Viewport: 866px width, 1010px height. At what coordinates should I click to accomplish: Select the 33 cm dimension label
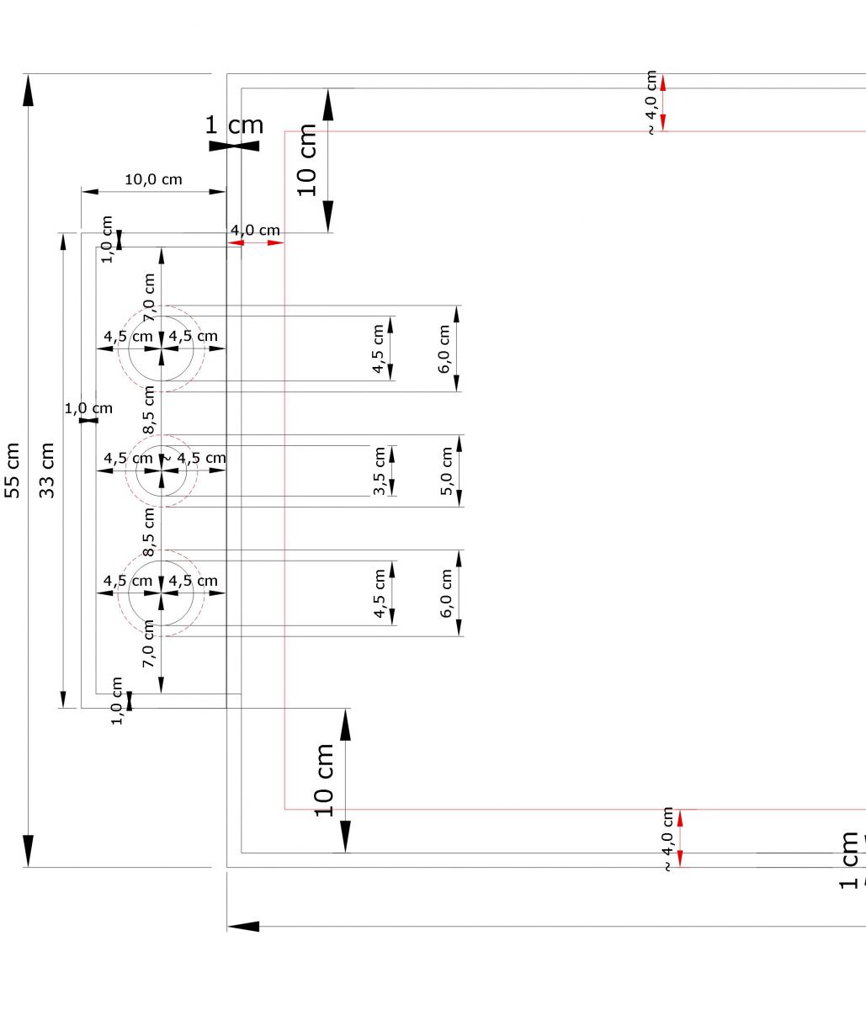point(47,470)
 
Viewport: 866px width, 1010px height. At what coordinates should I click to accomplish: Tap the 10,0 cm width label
point(153,179)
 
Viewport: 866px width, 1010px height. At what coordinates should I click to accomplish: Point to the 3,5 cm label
point(380,471)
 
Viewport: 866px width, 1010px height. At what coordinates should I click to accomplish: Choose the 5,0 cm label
point(447,471)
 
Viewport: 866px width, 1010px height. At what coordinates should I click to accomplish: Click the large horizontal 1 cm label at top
point(234,125)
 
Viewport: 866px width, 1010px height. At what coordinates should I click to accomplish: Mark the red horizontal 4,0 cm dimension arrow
point(256,242)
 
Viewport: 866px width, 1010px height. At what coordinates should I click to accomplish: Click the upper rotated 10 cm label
point(308,160)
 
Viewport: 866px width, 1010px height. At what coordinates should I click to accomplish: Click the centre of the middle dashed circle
point(162,471)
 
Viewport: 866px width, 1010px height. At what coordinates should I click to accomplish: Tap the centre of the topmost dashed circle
point(162,348)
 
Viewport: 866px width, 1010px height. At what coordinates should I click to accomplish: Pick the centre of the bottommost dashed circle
point(162,593)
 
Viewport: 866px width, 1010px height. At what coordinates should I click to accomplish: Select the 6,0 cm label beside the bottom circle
point(446,593)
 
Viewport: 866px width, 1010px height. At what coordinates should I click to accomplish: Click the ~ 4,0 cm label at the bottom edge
point(668,839)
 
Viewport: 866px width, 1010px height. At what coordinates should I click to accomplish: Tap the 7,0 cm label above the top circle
point(150,297)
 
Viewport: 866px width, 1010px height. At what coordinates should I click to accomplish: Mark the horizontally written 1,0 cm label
point(88,408)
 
